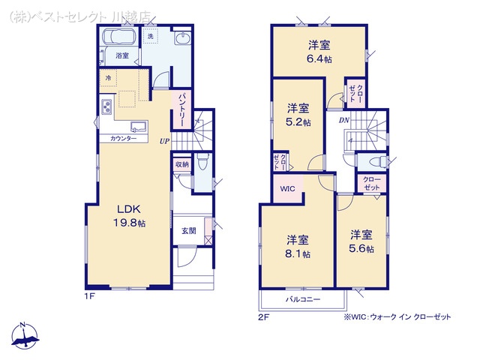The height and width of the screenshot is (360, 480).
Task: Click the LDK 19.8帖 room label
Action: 130,216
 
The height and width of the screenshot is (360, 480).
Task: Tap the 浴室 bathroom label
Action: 122,55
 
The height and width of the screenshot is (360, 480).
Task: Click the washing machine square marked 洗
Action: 150,37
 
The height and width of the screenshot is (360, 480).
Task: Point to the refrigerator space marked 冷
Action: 108,78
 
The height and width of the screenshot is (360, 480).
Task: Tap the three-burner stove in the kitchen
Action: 106,107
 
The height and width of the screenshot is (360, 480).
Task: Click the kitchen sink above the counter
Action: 139,127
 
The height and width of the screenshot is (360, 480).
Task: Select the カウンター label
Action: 123,139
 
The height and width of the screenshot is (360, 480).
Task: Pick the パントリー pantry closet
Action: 181,109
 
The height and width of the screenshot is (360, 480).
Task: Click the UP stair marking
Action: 164,142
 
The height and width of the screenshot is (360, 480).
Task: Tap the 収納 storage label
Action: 181,165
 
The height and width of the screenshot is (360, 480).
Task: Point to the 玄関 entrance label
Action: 189,231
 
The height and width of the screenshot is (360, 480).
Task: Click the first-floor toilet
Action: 202,163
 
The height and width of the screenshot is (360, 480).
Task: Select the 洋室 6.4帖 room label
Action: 319,52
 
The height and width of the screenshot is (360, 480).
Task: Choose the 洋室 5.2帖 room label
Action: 298,115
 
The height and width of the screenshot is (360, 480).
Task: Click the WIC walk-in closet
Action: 288,188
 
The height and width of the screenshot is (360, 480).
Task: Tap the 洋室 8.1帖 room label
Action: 298,247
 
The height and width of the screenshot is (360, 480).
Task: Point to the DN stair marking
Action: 344,120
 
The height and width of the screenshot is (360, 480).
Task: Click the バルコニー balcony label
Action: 303,299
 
